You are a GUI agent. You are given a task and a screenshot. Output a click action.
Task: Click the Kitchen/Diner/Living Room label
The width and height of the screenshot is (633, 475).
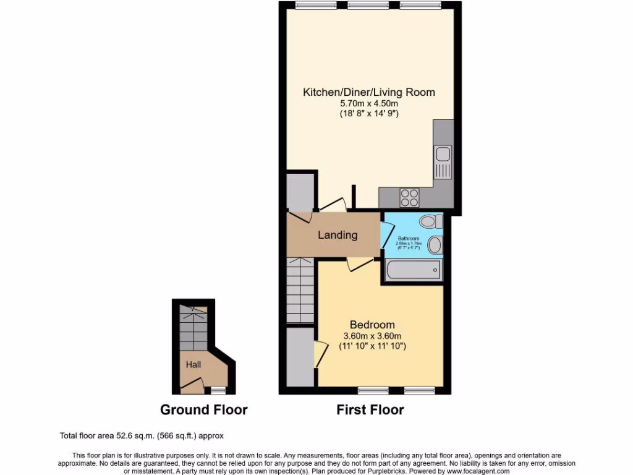(368, 92)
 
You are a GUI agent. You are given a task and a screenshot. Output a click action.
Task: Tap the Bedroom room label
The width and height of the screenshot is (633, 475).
(372, 325)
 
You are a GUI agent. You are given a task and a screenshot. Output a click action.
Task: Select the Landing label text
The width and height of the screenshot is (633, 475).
(338, 235)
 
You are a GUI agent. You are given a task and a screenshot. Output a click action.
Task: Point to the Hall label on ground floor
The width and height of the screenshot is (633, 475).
(193, 365)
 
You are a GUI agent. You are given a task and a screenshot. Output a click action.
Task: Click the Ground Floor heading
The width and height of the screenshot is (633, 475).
(203, 409)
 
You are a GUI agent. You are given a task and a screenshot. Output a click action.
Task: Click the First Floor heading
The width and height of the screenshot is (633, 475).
(370, 409)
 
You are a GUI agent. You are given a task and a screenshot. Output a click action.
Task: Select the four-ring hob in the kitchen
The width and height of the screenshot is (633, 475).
(409, 197)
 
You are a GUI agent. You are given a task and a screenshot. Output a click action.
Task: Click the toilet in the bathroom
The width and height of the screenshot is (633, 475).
(430, 221)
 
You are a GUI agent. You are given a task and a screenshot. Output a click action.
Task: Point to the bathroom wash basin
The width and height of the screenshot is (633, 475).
(435, 245)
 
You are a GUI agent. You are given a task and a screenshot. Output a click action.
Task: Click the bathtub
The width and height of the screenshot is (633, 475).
(413, 270)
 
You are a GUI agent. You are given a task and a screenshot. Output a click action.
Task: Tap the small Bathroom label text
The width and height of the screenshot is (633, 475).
(408, 239)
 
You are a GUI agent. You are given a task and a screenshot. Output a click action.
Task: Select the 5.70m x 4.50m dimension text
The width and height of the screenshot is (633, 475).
(368, 104)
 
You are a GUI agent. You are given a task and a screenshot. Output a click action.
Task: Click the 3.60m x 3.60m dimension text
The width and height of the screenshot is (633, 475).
(372, 336)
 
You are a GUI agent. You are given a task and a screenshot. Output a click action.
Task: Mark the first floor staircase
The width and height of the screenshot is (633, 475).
(301, 291)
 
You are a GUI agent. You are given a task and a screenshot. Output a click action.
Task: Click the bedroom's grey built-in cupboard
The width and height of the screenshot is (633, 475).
(300, 357)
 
